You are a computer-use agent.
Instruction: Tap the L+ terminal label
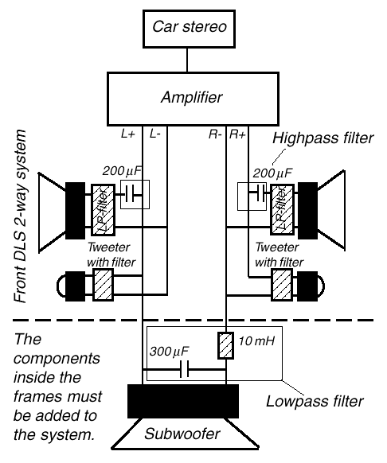(128, 134)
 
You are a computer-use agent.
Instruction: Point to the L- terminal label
(155, 134)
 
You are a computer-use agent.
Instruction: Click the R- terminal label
(215, 134)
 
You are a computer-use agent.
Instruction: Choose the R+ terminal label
(238, 134)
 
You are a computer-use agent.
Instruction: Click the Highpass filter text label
(322, 138)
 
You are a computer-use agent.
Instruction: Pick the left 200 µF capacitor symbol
(130, 194)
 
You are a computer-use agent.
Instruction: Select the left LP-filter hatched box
(103, 210)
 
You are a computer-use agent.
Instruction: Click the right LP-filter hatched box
(283, 209)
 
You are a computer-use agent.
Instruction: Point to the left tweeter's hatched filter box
(104, 285)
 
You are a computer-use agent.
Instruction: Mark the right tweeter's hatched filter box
(282, 285)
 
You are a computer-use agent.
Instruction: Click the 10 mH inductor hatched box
(226, 345)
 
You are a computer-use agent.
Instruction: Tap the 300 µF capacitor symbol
(185, 369)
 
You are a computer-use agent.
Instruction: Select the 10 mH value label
(256, 341)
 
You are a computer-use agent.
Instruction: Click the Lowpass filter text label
(315, 401)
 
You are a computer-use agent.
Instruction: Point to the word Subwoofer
(182, 434)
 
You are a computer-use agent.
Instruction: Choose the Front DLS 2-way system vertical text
(21, 216)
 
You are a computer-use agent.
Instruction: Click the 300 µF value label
(169, 352)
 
